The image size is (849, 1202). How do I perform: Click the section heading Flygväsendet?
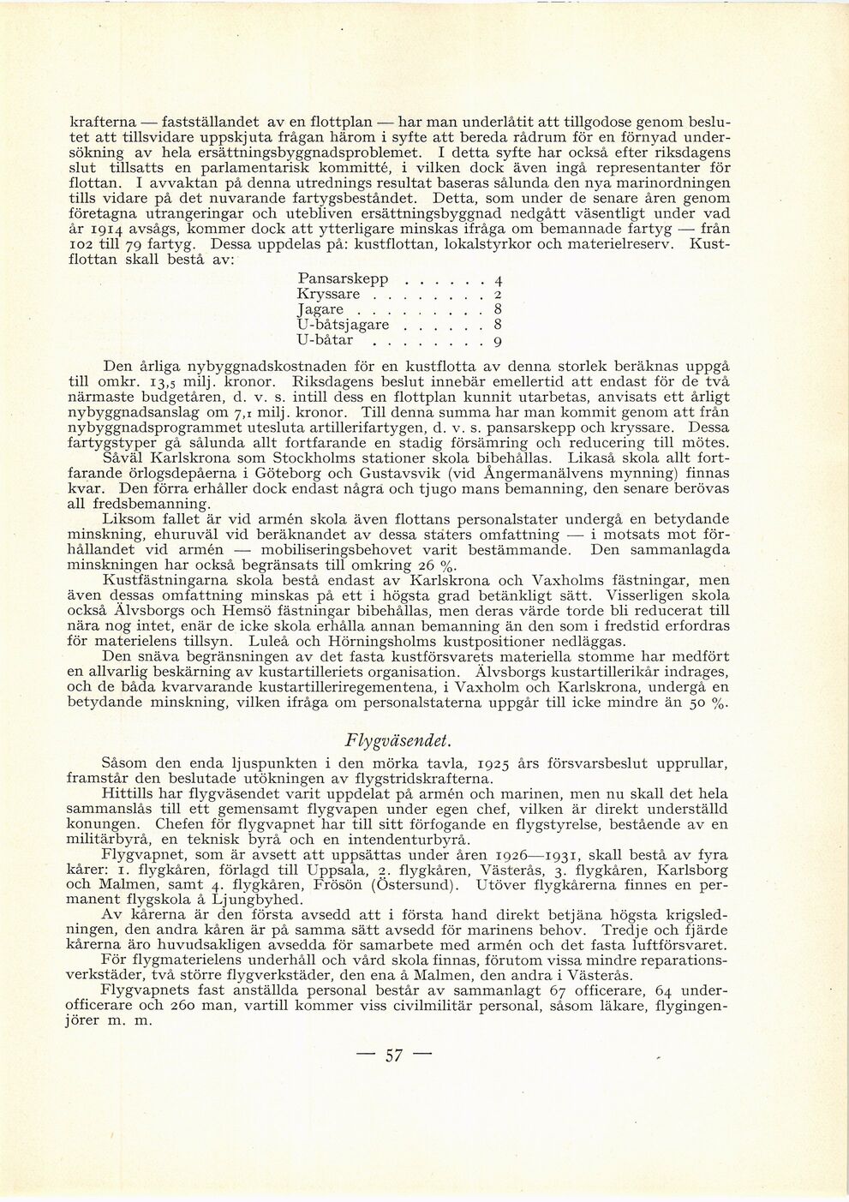[x=397, y=740]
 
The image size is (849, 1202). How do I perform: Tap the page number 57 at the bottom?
[x=393, y=1055]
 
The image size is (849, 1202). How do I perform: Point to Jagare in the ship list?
[x=320, y=309]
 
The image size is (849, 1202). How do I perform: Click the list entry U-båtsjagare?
[x=344, y=325]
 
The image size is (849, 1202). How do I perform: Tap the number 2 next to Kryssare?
[x=498, y=295]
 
